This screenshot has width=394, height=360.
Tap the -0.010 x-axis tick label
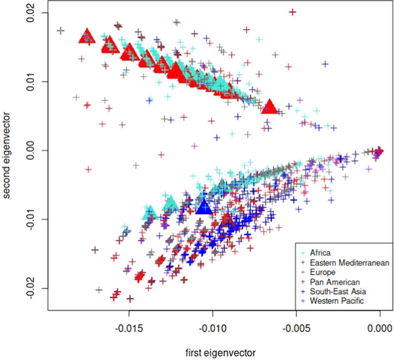212,329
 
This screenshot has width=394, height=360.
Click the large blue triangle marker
204,207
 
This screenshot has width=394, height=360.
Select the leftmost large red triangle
87,36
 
